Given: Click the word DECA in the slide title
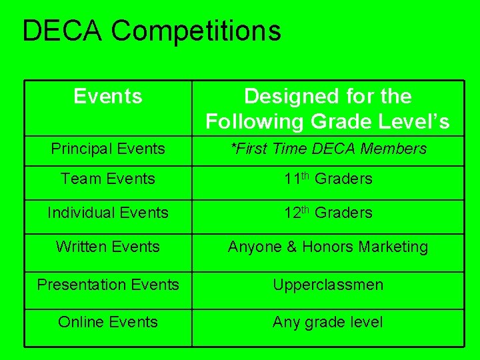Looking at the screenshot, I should (63, 31).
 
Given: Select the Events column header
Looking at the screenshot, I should (108, 97).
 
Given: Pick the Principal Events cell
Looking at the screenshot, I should (108, 149).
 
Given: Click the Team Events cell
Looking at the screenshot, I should (108, 179).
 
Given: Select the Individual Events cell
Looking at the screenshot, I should (108, 213).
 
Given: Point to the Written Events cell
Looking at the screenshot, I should (108, 247).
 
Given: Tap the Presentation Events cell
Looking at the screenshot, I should (108, 285).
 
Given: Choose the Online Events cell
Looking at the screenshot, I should (108, 322).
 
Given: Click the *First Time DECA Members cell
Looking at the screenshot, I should (328, 149).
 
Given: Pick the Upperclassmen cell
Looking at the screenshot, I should (328, 285).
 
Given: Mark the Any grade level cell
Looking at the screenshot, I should (328, 323).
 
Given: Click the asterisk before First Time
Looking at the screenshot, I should (233, 147).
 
